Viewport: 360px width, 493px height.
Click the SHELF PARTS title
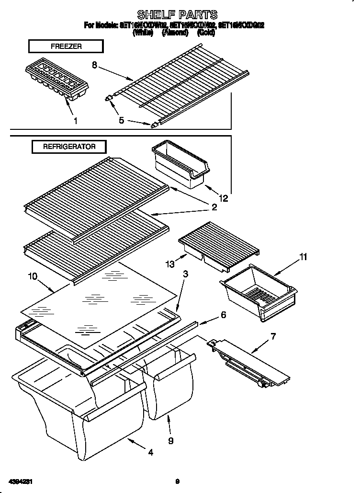(177, 14)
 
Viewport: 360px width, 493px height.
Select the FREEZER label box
(66, 46)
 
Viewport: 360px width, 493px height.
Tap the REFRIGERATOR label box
(69, 147)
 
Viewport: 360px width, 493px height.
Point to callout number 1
(75, 121)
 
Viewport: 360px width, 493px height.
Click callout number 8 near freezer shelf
(95, 65)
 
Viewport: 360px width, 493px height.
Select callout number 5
(122, 120)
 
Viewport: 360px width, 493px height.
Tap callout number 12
(224, 197)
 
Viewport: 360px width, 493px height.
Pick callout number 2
(214, 207)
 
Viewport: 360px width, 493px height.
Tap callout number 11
(303, 257)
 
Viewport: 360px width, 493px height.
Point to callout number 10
(32, 276)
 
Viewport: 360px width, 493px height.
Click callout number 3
(185, 274)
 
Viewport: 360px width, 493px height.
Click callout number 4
(151, 452)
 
